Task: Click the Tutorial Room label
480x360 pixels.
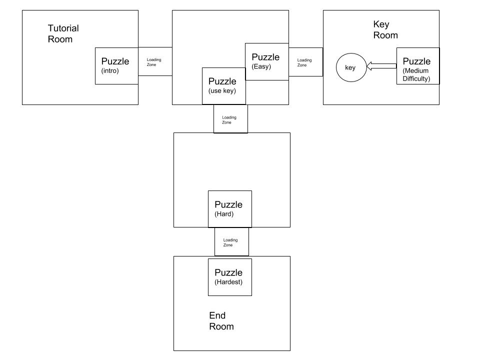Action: click(63, 33)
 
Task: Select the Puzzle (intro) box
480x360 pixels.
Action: click(116, 66)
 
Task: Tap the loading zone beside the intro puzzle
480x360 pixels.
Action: click(155, 61)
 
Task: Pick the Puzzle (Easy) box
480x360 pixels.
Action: click(267, 62)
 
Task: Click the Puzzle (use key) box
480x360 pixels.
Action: click(224, 86)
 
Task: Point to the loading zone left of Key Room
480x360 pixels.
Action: click(306, 62)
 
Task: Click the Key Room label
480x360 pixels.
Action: click(385, 29)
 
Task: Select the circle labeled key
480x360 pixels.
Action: click(351, 67)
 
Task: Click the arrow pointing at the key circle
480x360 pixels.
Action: click(381, 66)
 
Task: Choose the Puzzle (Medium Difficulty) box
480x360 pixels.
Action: click(418, 66)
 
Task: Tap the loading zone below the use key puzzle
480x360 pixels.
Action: click(230, 119)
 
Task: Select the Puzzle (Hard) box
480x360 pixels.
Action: click(230, 209)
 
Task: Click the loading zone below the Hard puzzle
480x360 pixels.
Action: click(231, 242)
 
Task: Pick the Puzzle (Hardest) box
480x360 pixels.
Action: click(230, 277)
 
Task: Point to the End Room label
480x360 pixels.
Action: click(221, 321)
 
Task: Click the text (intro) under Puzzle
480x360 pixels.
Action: click(110, 70)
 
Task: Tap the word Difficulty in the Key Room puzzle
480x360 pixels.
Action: click(416, 78)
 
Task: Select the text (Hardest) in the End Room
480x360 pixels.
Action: click(228, 282)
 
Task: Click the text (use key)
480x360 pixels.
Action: click(222, 90)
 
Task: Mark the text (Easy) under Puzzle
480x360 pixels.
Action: click(261, 66)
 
